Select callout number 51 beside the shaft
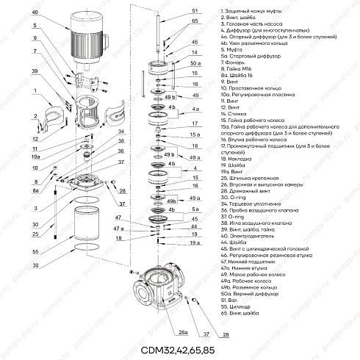tap(195, 11)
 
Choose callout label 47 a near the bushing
tap(118, 230)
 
